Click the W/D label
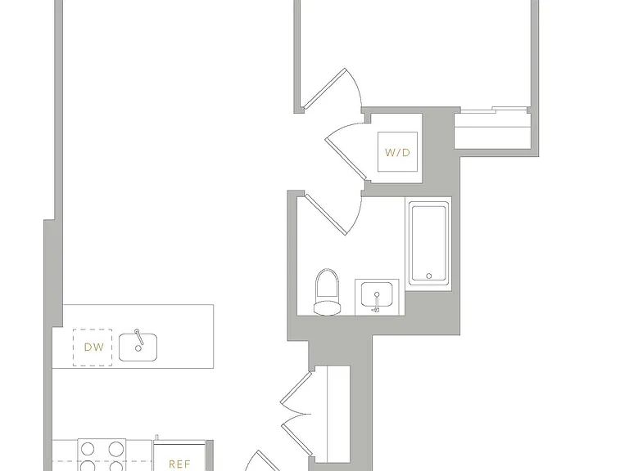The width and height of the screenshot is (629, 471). tap(397, 153)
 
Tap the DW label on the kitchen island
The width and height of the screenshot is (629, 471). tap(94, 348)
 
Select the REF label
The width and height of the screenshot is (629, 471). tap(179, 464)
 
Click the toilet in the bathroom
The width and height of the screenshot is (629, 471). tap(327, 292)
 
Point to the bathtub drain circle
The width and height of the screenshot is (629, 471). tap(429, 276)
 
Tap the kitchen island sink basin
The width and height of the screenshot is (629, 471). tap(138, 347)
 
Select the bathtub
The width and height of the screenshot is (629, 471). tap(429, 244)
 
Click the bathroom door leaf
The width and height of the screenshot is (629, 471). tap(325, 214)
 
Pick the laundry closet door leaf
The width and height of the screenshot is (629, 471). tap(346, 159)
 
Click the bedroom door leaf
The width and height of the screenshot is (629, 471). tap(324, 89)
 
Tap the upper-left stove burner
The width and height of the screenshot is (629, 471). tap(88, 449)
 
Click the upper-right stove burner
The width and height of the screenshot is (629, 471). tap(115, 449)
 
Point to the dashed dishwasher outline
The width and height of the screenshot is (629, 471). tap(93, 348)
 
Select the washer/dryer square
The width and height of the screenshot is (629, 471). tap(397, 151)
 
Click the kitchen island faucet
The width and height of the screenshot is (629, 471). tap(139, 337)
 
